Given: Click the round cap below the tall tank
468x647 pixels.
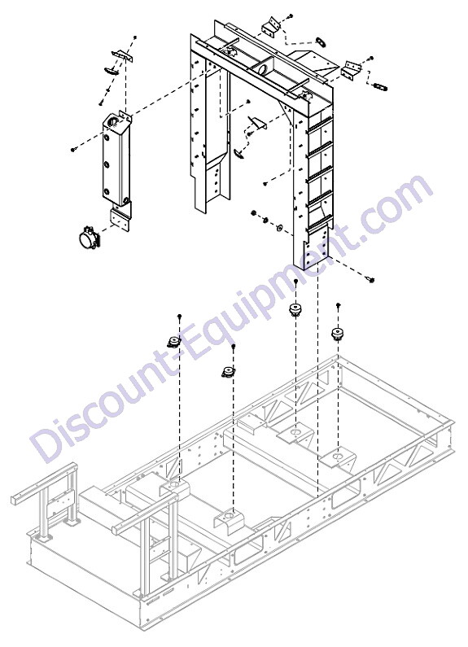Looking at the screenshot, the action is [87, 239].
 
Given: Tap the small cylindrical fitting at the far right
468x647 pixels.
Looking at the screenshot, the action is [379, 87].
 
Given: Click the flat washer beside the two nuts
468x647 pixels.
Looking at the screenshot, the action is [279, 226].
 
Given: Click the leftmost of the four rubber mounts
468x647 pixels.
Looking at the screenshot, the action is [173, 341].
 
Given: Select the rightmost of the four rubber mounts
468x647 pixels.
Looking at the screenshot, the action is [339, 334].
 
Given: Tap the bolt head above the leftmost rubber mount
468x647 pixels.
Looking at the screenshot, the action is [180, 316].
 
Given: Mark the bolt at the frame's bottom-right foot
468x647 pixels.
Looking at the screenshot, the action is [370, 280].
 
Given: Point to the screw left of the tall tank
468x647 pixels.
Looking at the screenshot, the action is [73, 150].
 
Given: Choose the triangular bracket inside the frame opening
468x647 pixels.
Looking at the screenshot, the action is [257, 122].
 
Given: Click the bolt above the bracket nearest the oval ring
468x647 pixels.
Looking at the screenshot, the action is [290, 15].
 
